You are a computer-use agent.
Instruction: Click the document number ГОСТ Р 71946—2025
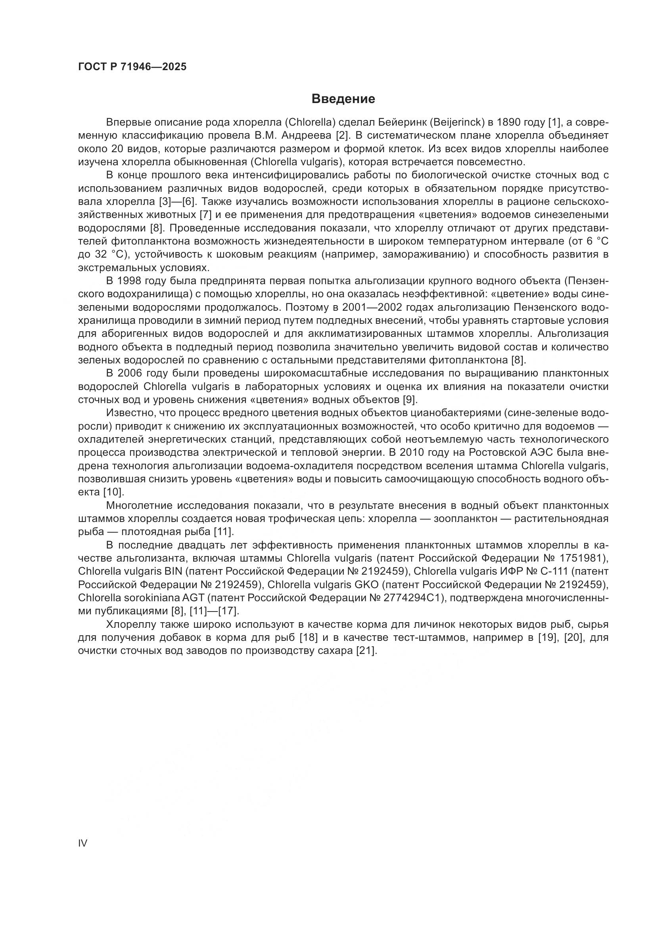point(132,67)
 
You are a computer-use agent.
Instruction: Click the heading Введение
point(343,99)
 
